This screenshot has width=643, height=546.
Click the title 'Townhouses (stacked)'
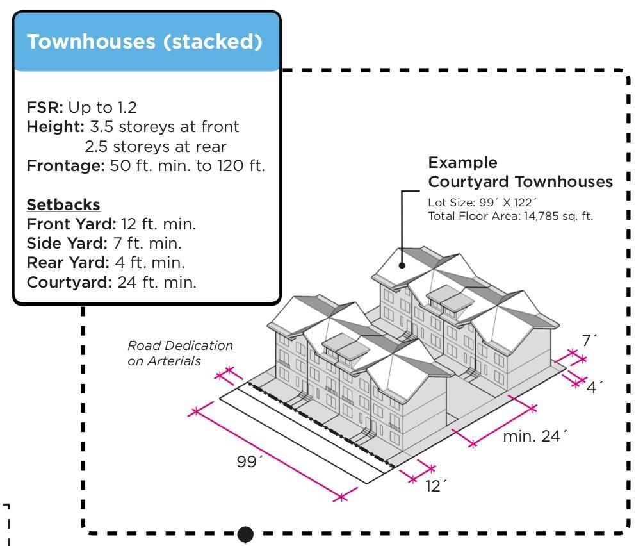145,42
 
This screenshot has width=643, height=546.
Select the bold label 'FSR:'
45,107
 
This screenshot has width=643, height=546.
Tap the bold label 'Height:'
56,127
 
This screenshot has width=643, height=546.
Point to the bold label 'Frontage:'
65,166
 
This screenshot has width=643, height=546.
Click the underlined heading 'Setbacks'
63,205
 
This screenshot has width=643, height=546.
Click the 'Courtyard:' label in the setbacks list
69,282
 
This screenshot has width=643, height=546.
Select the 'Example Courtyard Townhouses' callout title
520,172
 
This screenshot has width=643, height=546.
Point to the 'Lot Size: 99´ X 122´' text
482,203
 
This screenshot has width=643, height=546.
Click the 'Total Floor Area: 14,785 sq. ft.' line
510,216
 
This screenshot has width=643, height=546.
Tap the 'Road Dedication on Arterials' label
180,353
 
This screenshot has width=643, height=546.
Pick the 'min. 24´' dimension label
535,436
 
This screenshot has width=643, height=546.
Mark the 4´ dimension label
595,387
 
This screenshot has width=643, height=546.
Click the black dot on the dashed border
245,534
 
